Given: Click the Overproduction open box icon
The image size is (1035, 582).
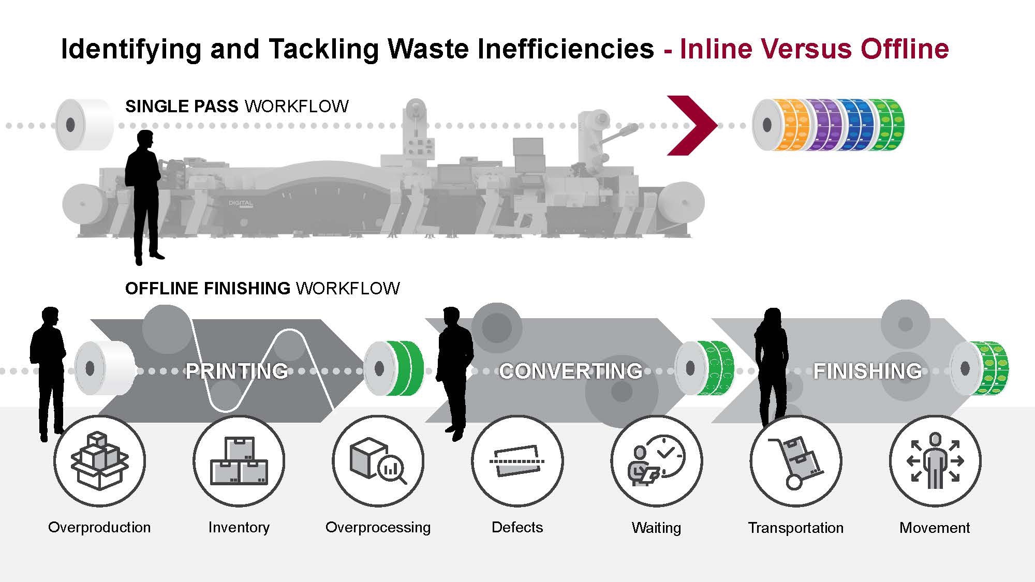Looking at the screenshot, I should coord(99,460).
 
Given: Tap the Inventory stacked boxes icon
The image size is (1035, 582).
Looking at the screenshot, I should coord(239,460).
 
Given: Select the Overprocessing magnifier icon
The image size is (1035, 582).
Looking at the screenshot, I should coord(378,460).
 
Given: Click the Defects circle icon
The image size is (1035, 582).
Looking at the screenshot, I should coord(517,460).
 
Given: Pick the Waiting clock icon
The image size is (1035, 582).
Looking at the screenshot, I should coord(656,460).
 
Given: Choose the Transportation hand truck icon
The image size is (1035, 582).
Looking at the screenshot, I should coord(795,460).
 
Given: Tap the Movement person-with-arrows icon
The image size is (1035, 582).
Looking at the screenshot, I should coord(935,460).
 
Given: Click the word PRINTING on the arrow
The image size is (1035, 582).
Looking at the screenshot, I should coord(237,371).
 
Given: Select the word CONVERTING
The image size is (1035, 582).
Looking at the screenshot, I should coord(571,371).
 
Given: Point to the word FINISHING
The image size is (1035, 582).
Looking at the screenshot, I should coord(867,371).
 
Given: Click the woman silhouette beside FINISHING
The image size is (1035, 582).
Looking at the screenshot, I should coord(771,362).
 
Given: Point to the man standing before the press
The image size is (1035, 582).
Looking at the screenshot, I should coord(143,197).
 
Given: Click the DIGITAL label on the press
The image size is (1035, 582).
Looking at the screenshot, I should coord(241,203).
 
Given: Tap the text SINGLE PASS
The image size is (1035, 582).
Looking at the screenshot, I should coord(182,107).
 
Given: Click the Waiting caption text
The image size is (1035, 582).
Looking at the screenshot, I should coord(656,528).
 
